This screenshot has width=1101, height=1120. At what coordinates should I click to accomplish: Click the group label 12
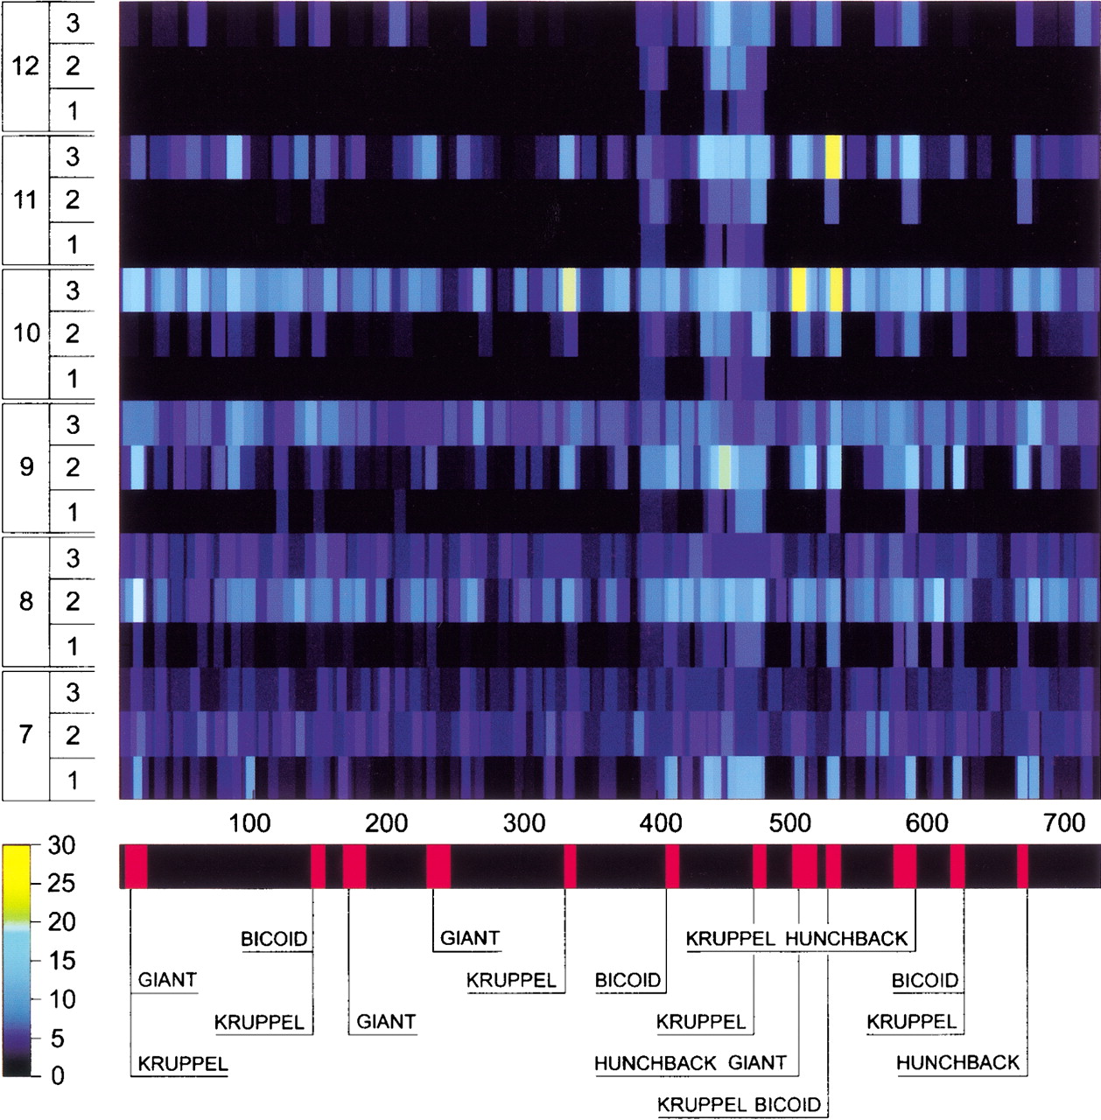click(x=25, y=66)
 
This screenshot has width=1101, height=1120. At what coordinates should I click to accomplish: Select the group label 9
click(x=26, y=466)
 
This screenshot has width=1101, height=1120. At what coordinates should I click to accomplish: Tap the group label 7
click(x=26, y=734)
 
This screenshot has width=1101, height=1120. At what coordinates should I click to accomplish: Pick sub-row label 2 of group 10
click(x=73, y=333)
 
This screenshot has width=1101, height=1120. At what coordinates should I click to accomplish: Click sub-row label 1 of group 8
click(x=73, y=646)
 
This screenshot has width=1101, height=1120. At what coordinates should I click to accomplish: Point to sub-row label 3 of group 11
click(x=73, y=157)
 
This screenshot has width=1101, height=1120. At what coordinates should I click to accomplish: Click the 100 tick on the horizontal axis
click(x=250, y=822)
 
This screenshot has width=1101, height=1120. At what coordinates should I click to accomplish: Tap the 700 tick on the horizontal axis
click(x=1065, y=822)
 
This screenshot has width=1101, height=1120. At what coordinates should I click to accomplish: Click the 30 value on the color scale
click(x=62, y=846)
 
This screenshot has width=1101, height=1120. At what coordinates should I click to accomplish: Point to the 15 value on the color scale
click(x=62, y=961)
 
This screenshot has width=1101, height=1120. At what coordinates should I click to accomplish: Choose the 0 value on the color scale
click(x=57, y=1075)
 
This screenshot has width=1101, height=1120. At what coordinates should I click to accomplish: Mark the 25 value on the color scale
click(x=62, y=884)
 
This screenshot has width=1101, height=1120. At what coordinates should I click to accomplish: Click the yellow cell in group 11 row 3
click(x=833, y=157)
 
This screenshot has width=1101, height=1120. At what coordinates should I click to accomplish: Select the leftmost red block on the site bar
click(x=136, y=866)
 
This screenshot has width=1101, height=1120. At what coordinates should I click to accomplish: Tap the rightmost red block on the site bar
click(x=1022, y=866)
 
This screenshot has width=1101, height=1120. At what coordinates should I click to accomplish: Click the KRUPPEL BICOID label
click(x=740, y=1104)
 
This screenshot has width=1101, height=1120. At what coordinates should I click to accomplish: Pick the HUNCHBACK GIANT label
click(x=691, y=1063)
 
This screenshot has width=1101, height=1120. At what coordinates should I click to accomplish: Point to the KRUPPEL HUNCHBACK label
click(x=797, y=939)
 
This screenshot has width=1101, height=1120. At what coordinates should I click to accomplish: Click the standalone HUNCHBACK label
click(x=957, y=1063)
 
